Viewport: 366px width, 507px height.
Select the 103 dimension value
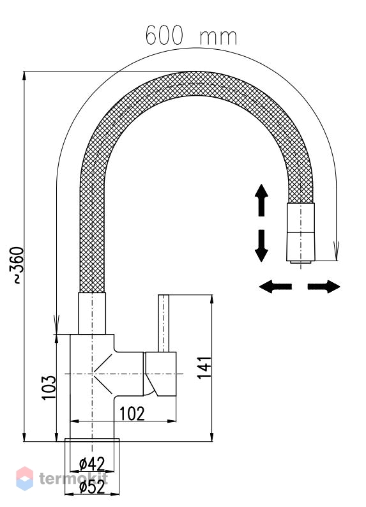[49, 388]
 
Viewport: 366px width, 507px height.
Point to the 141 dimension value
[204, 367]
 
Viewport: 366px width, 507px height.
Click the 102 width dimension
[132, 414]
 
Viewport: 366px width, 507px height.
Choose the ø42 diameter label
[92, 464]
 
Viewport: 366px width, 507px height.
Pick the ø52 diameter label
[92, 487]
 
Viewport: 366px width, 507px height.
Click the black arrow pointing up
[261, 200]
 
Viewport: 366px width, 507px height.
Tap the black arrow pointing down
[261, 246]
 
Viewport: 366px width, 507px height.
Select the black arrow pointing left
[275, 287]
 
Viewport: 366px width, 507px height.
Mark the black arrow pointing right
[324, 287]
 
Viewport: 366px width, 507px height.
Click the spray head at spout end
[301, 233]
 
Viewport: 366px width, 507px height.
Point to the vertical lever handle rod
[164, 323]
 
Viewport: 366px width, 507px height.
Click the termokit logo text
[73, 478]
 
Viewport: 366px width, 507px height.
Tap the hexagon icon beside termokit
[24, 478]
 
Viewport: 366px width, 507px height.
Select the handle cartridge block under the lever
[160, 374]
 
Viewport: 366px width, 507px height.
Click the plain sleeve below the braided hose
[92, 314]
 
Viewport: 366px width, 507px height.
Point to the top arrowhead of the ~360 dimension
[24, 75]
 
